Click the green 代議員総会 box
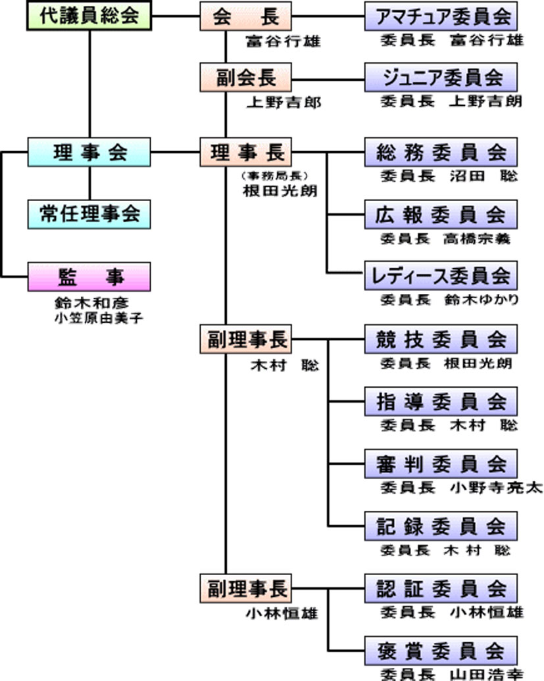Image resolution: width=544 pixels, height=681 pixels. pos(89,16)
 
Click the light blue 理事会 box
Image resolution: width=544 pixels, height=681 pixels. pos(89,153)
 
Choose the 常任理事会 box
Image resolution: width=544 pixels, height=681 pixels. pos(89,214)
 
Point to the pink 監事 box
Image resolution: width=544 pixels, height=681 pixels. pos(89,277)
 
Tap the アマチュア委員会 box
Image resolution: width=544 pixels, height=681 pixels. pos(441,16)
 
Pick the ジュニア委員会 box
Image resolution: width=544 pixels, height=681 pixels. pos(441,78)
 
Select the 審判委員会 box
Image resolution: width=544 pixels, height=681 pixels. pos(441,464)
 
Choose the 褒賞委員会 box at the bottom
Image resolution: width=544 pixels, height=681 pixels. pos(441,649)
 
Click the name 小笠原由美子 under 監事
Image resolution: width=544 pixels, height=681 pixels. pos(99,318)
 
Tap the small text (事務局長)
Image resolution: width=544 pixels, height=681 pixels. pos(274,176)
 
